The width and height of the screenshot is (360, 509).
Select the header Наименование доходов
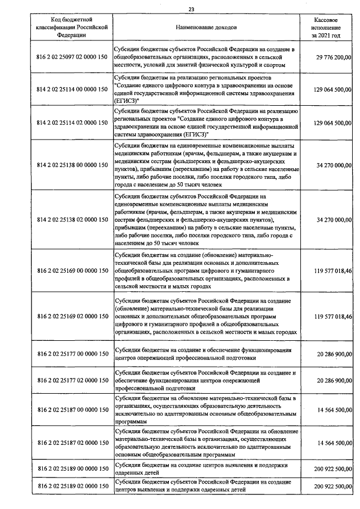pyautogui.click(x=206, y=27)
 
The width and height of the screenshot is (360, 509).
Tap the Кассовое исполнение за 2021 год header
pyautogui.click(x=326, y=27)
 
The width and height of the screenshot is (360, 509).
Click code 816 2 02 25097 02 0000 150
pyautogui.click(x=71, y=57)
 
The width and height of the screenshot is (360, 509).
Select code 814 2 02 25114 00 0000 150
pyautogui.click(x=71, y=89)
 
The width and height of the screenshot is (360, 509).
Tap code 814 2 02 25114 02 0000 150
pyautogui.click(x=71, y=121)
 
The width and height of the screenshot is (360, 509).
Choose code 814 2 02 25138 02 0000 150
pyautogui.click(x=71, y=220)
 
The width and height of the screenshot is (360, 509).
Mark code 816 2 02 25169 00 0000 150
pyautogui.click(x=71, y=271)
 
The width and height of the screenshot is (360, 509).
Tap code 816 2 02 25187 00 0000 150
pyautogui.click(x=71, y=410)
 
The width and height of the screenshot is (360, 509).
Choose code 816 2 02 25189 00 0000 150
pyautogui.click(x=71, y=469)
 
